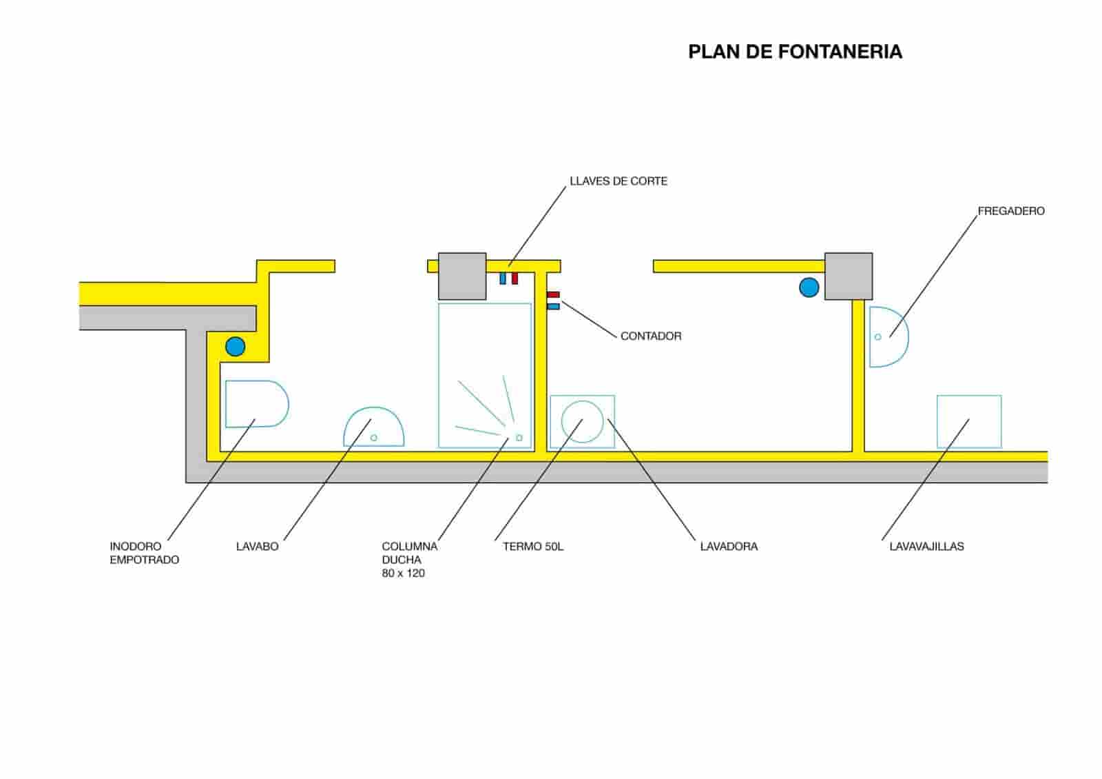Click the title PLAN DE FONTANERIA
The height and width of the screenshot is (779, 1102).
795,52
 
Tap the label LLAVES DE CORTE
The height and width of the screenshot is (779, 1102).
618,181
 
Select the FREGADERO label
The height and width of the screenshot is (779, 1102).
1010,211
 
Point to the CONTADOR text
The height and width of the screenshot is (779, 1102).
650,336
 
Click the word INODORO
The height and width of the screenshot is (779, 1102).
136,546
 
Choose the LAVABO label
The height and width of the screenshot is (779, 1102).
257,547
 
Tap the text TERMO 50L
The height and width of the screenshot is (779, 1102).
532,547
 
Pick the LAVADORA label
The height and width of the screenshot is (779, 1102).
728,547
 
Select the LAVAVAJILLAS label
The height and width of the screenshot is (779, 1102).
926,547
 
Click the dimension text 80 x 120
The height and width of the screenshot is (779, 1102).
403,574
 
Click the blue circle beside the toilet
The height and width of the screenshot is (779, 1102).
235,346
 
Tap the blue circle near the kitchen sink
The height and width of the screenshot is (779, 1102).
809,287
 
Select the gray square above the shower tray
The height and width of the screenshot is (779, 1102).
462,276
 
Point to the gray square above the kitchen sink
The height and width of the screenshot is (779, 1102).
848,276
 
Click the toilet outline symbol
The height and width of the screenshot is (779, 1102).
256,404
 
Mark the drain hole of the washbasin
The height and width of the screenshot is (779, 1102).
374,438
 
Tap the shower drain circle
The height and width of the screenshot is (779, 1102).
519,438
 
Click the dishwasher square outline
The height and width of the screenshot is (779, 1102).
968,421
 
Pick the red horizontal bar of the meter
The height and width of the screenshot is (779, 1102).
553,295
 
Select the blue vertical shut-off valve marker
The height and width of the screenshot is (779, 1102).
503,279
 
